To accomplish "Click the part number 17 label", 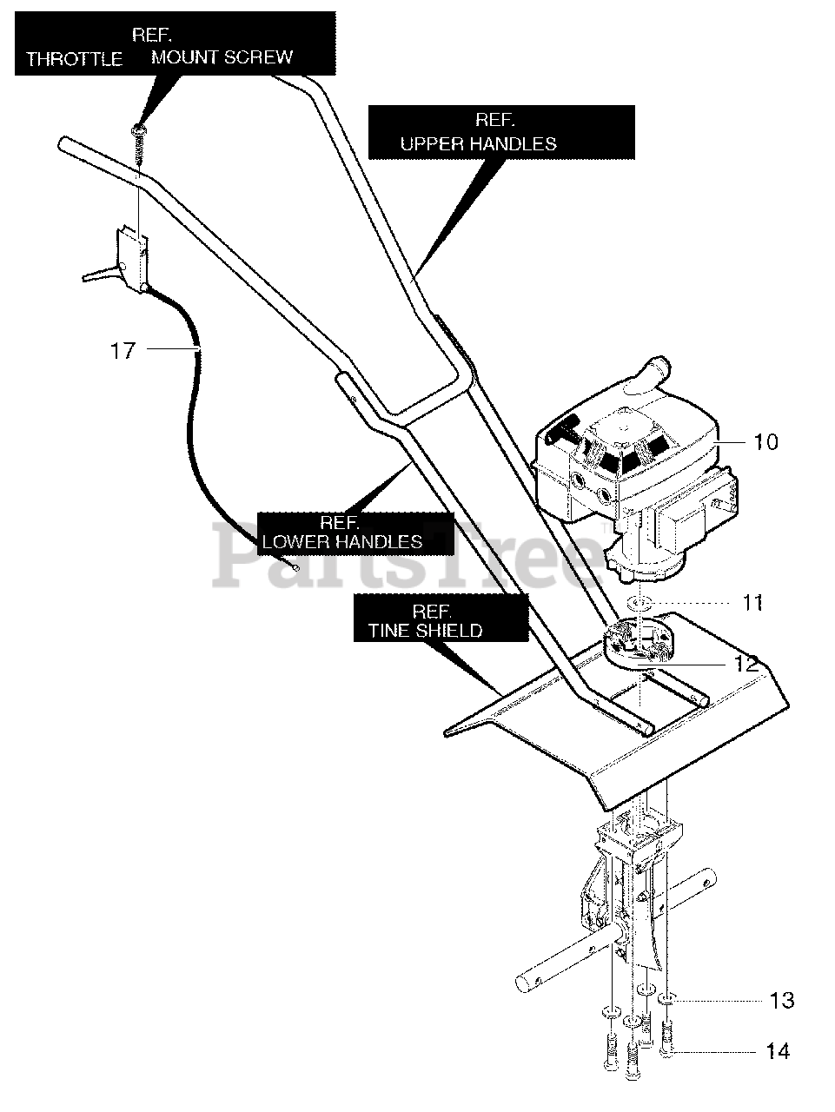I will (x=123, y=350).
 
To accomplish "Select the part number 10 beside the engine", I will (x=765, y=442).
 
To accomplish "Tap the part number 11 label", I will (x=752, y=602).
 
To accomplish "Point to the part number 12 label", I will (x=746, y=664).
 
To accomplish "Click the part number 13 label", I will (x=782, y=1001).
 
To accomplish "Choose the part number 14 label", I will (x=779, y=1052).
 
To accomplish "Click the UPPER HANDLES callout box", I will (x=500, y=133).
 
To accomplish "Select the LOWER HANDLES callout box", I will (x=356, y=533).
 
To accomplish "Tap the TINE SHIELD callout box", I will (x=441, y=619).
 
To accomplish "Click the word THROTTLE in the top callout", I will (x=74, y=60).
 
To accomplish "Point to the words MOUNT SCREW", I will (x=222, y=57).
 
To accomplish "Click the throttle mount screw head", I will (x=137, y=130).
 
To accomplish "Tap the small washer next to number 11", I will (x=639, y=602).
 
